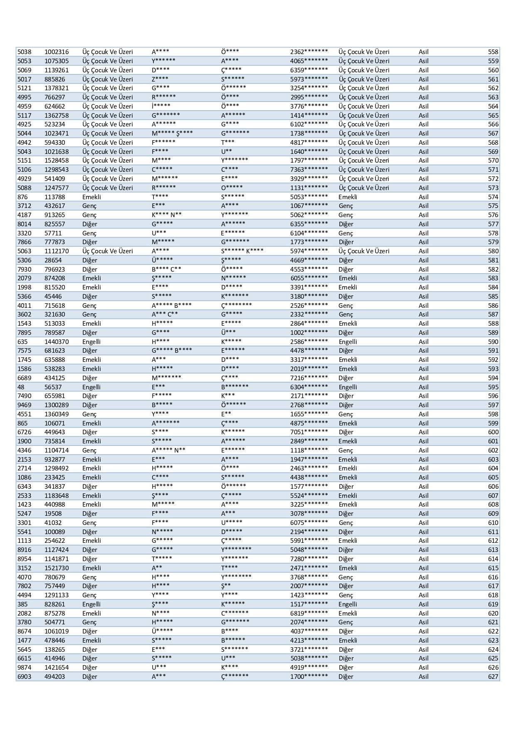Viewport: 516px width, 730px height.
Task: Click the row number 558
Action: click(493, 52)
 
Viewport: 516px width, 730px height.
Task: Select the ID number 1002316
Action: click(57, 52)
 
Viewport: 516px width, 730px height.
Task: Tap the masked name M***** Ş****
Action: click(172, 134)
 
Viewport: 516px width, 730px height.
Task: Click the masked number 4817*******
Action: click(309, 143)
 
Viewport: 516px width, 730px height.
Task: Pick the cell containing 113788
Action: click(55, 197)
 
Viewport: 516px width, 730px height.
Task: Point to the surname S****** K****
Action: click(242, 251)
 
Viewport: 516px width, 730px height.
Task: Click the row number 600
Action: click(493, 432)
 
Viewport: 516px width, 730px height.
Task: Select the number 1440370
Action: click(57, 342)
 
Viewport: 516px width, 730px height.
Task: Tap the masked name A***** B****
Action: click(172, 306)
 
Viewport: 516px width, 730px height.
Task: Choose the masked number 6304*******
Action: click(309, 387)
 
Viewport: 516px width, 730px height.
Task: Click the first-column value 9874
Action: click(24, 668)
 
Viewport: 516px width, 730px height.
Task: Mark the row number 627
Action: click(493, 677)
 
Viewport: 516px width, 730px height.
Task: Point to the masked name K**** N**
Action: click(166, 215)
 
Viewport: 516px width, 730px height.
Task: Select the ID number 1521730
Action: click(57, 568)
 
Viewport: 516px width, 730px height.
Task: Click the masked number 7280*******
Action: click(309, 559)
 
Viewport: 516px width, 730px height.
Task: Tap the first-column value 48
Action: click(21, 387)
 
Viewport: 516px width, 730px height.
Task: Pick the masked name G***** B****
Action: click(172, 351)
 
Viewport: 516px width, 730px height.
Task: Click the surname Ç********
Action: click(236, 306)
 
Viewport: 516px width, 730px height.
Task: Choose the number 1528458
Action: click(57, 161)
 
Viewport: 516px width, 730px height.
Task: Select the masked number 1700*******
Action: click(309, 677)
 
